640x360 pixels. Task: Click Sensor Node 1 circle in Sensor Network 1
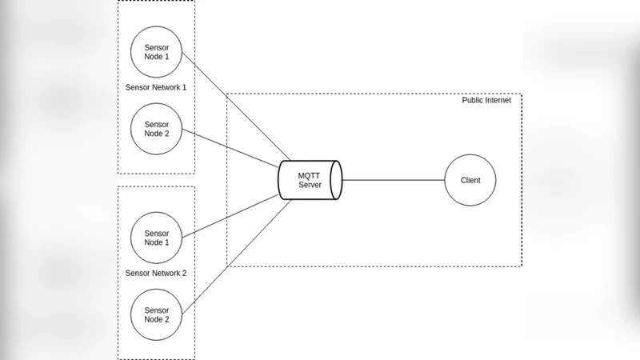(156, 52)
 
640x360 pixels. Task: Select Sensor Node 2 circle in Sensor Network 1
(156, 129)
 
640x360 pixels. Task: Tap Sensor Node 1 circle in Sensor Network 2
(156, 238)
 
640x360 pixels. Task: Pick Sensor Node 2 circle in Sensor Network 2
(156, 314)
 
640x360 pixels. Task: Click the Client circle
(470, 180)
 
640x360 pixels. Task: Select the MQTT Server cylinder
(310, 180)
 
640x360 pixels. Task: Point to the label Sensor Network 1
(156, 87)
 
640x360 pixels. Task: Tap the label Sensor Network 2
(156, 273)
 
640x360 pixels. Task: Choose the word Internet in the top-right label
(504, 100)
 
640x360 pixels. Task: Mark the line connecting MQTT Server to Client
(392, 180)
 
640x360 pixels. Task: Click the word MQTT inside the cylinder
(310, 175)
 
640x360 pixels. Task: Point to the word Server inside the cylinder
(310, 185)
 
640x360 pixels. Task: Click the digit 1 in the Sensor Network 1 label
(183, 87)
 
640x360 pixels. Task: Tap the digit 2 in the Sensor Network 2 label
(183, 273)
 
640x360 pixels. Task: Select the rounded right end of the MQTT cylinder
(338, 180)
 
